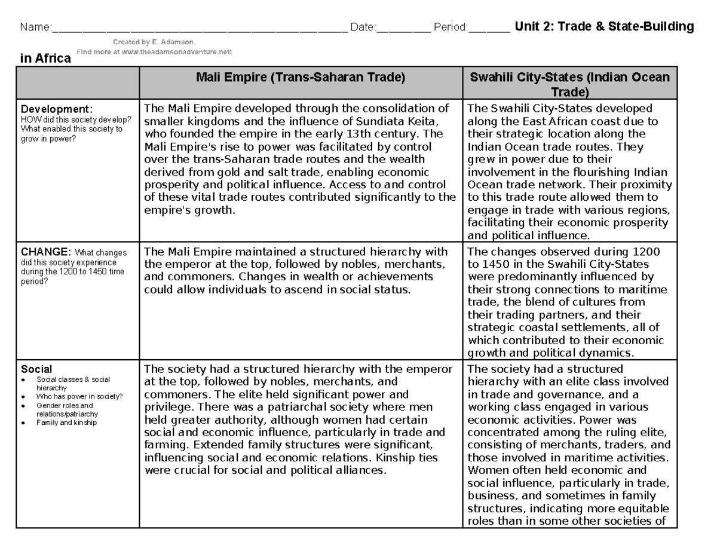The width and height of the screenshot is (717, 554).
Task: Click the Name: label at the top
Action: [x=35, y=27]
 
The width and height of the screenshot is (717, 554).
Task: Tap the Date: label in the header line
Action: [x=363, y=27]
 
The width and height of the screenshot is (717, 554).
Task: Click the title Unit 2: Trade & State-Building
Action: [x=604, y=27]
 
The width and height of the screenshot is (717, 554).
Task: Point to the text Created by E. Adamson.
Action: [x=154, y=42]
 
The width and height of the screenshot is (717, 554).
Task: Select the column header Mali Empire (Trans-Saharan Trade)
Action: [x=301, y=77]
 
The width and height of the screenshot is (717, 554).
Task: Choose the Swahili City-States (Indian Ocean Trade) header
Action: [x=569, y=84]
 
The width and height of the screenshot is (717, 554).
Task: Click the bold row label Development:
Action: [x=57, y=109]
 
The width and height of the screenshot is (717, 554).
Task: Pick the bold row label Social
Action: [x=36, y=369]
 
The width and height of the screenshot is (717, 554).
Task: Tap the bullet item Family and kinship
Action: [x=66, y=423]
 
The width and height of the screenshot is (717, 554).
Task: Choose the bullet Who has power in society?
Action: [x=79, y=396]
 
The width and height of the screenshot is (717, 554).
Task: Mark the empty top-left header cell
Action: [x=78, y=83]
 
